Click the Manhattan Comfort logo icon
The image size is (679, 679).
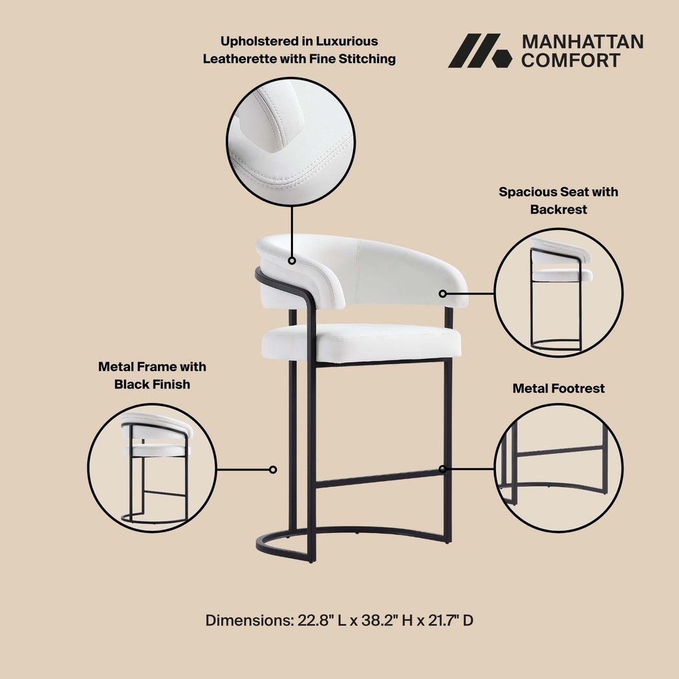(x=475, y=50)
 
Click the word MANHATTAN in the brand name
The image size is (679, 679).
(x=582, y=42)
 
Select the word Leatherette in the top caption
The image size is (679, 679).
(x=241, y=59)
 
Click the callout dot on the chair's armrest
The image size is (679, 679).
(x=292, y=261)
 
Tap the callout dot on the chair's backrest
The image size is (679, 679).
(x=443, y=294)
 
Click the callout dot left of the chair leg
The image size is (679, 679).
(x=273, y=469)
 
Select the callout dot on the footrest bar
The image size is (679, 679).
(x=443, y=469)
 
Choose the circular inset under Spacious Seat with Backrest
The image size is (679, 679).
(x=559, y=292)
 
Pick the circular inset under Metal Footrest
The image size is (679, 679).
(x=559, y=467)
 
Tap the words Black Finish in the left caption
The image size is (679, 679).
(x=152, y=384)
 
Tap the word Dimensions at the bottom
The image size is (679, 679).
(x=249, y=621)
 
